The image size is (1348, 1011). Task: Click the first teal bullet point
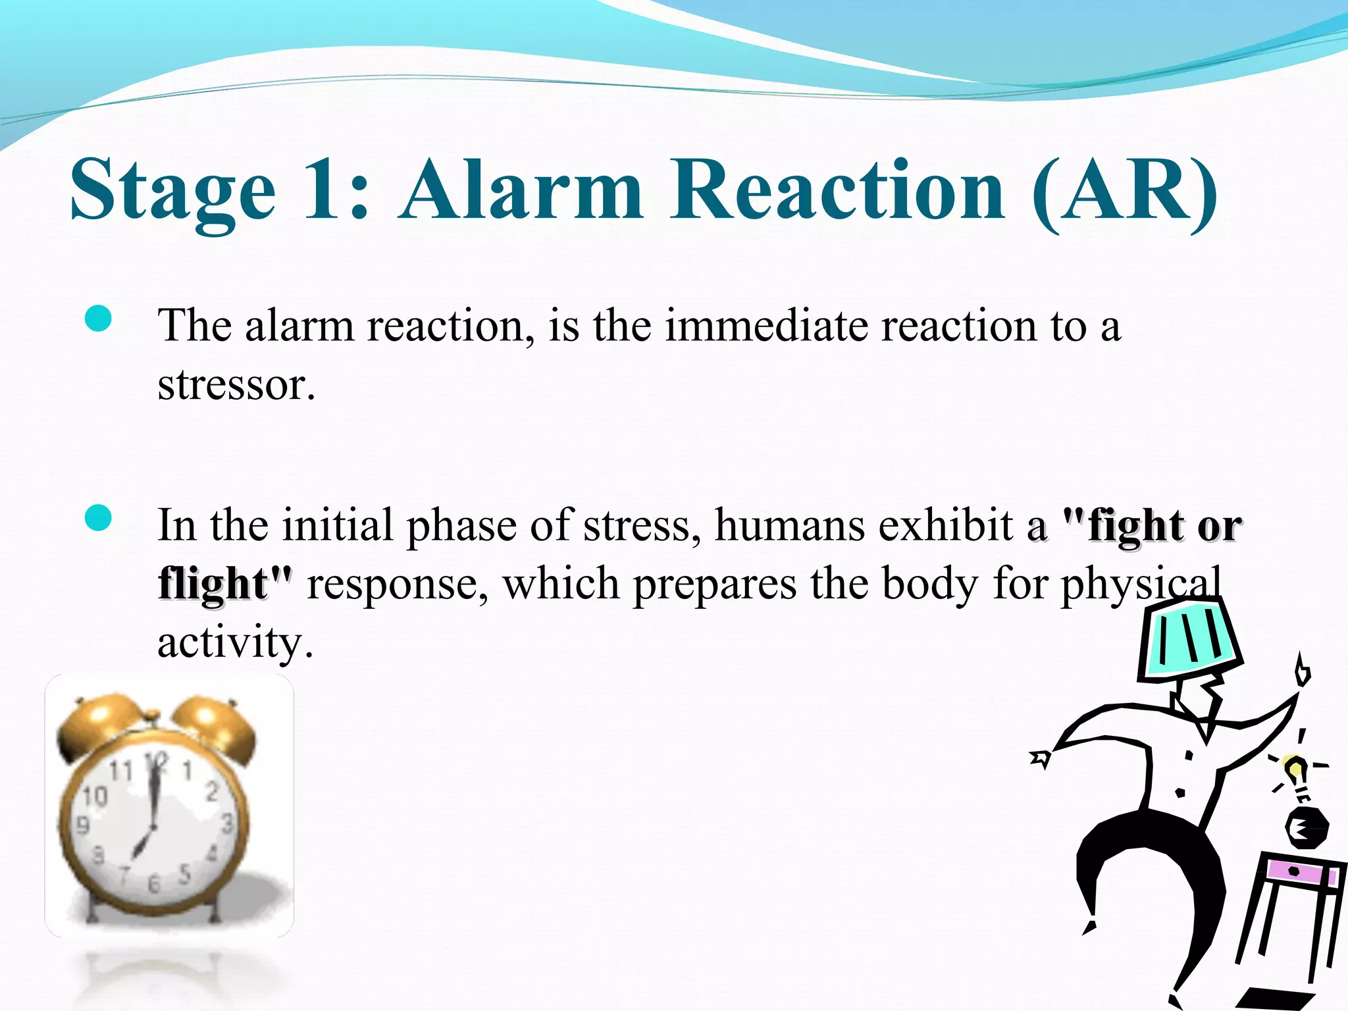[99, 321]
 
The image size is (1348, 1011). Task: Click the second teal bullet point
[99, 518]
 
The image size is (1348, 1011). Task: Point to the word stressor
[236, 384]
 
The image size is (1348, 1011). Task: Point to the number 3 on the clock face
[227, 823]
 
